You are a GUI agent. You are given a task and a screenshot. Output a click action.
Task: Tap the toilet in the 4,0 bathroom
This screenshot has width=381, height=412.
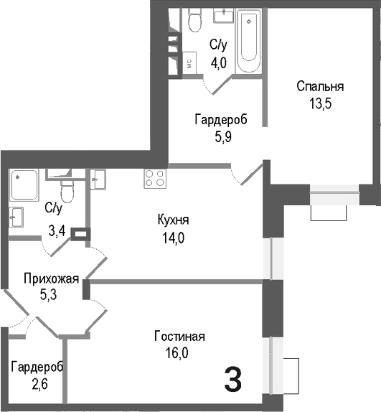coord(194,23)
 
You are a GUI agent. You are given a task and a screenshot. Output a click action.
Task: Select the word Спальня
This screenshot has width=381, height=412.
coord(321,87)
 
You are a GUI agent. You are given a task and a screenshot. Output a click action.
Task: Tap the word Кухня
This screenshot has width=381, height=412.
coord(174,220)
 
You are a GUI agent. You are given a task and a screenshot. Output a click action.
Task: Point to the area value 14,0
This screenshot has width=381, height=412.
coord(174,238)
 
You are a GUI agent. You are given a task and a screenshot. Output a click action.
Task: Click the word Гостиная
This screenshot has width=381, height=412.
coord(180,337)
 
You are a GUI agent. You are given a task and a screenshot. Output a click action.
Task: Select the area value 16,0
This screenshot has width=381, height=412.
coord(180,352)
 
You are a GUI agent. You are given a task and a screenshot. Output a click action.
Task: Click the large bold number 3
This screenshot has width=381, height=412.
coord(232,380)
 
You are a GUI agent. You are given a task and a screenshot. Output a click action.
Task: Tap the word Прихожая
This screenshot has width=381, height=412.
coord(50,278)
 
